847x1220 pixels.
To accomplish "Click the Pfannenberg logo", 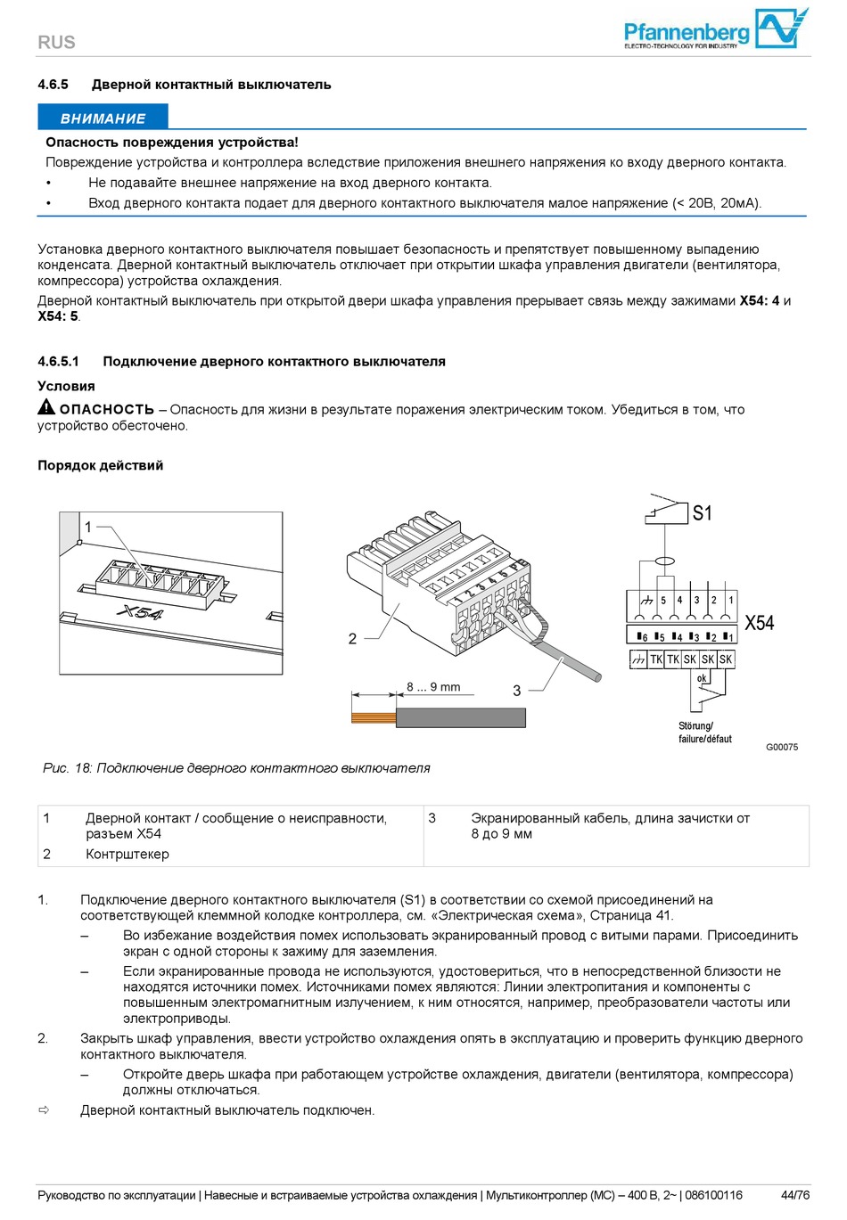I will (715, 30).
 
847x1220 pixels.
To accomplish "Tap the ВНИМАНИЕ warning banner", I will (103, 119).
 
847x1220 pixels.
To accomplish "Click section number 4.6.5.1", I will (58, 362).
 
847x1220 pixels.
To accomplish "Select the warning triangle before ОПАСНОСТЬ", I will (46, 407).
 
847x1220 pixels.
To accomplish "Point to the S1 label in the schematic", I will (703, 513).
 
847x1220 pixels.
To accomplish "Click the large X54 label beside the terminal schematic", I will (760, 623).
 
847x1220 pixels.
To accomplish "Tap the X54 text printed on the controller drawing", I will (140, 613).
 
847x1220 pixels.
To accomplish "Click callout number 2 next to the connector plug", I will (352, 638).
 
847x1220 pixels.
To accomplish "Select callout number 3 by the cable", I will (516, 690).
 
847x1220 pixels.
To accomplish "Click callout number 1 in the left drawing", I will (88, 527).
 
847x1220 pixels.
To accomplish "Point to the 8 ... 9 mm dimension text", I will (433, 687).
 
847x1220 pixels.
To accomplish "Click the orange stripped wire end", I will (373, 717).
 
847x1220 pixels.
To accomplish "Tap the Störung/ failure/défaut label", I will (704, 733).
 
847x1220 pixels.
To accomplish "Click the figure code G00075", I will (782, 747).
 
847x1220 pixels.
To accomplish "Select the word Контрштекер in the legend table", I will (127, 854).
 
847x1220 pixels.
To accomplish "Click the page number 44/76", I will (795, 1195).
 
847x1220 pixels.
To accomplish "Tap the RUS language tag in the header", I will (56, 42).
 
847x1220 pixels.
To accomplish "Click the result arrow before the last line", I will (44, 1110).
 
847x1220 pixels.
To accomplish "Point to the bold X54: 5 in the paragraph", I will (58, 316).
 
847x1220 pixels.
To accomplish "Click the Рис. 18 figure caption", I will (236, 768).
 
